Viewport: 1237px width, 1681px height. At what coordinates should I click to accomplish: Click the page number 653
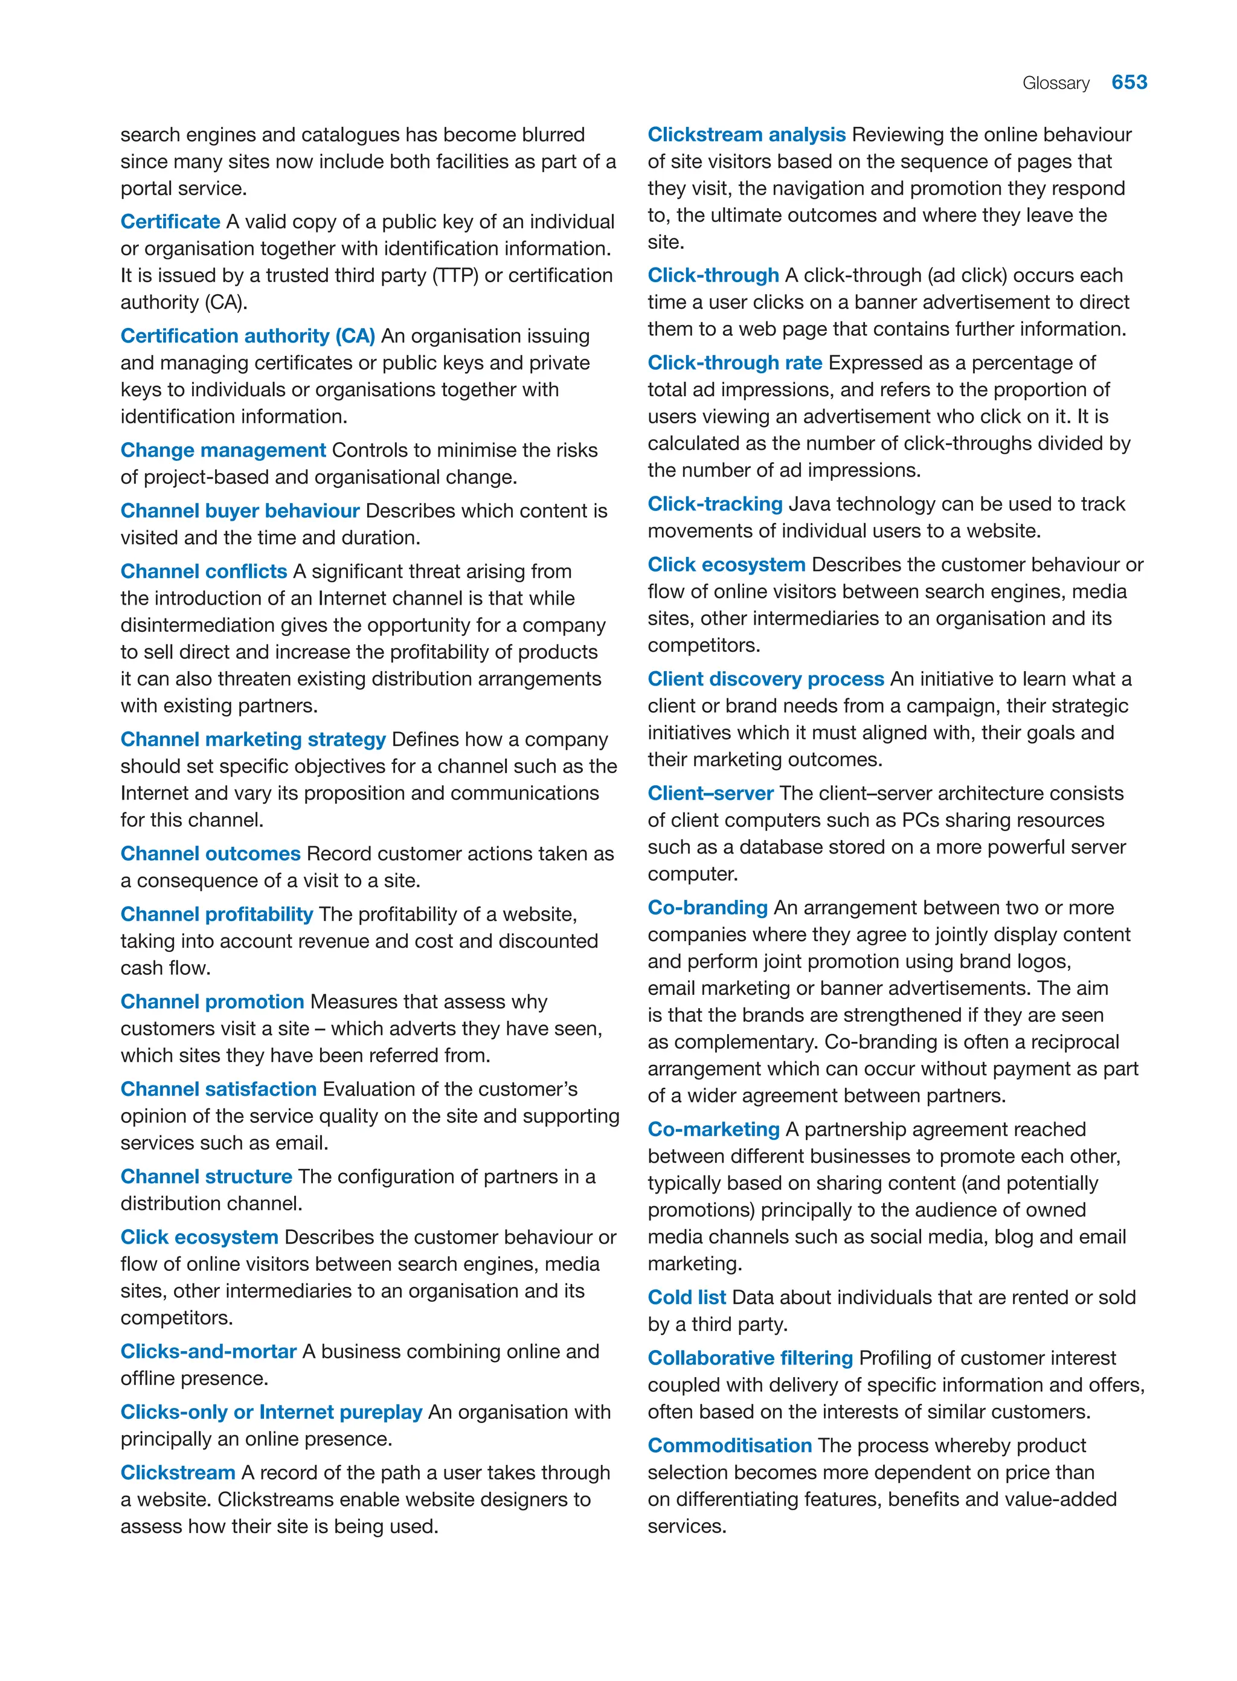[1128, 82]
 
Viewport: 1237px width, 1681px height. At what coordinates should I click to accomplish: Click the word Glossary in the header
[1055, 83]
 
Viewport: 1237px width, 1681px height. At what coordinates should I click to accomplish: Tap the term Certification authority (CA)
[248, 336]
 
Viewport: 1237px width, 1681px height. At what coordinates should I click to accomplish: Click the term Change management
[223, 450]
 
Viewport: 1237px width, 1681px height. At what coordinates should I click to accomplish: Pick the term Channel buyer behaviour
[240, 510]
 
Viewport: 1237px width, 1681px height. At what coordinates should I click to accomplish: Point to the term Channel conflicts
[204, 571]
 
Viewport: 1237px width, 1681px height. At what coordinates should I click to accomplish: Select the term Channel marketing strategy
[253, 739]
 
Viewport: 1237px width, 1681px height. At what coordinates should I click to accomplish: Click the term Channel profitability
[216, 914]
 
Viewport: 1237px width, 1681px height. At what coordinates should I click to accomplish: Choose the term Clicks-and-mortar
[208, 1352]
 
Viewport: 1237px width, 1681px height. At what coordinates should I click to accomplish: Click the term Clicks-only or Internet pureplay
[271, 1412]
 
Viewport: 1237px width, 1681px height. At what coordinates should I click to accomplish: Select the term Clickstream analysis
[747, 135]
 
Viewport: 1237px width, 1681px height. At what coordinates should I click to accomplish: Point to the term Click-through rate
[734, 363]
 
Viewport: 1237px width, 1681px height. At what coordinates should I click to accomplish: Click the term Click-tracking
[715, 504]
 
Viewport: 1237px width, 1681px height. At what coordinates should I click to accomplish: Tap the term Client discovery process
[766, 679]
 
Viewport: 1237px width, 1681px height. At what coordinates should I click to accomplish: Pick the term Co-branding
[708, 907]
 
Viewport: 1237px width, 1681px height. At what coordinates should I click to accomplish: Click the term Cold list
[687, 1297]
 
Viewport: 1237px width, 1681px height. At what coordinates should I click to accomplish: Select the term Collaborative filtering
[750, 1358]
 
